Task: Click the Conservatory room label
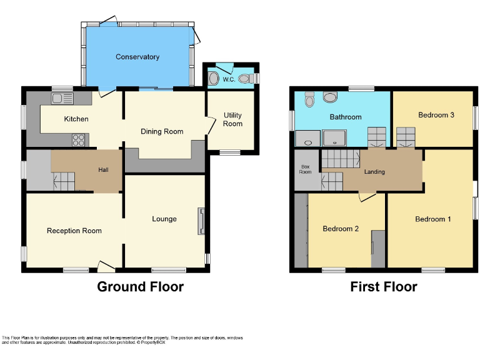(137, 57)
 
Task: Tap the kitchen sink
(62, 98)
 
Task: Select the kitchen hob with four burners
(79, 140)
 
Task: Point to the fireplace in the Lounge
(201, 221)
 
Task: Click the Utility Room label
(232, 119)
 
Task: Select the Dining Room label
(162, 131)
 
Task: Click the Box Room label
(306, 169)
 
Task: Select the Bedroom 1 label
(433, 219)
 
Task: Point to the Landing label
(374, 172)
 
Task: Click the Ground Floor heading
(140, 287)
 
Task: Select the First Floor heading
(383, 287)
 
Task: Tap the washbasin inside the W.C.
(214, 79)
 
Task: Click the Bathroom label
(346, 117)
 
